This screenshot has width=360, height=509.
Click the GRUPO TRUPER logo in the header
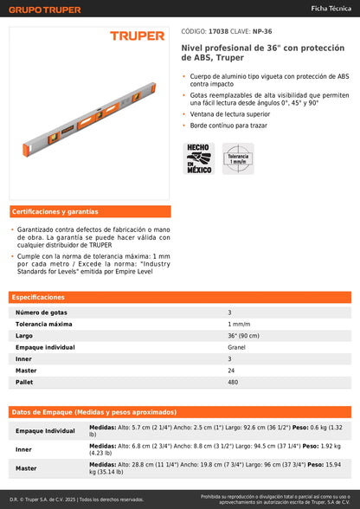coord(45,10)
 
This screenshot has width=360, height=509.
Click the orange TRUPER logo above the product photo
coord(137,35)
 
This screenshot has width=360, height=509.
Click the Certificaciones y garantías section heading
coord(55,211)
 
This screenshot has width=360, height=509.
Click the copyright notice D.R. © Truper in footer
coord(76,499)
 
